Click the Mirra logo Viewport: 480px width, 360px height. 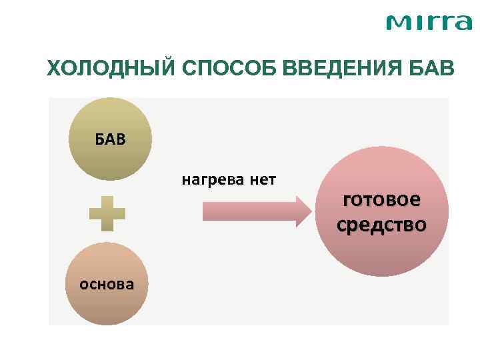[429, 23]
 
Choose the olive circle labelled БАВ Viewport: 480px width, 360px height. [110, 139]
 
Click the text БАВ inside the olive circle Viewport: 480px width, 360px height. [110, 140]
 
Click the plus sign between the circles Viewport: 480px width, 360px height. [107, 213]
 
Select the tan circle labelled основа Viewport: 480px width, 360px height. [107, 283]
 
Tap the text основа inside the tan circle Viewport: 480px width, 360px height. [107, 285]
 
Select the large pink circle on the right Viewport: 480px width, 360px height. [381, 212]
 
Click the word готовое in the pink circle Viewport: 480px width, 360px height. [381, 200]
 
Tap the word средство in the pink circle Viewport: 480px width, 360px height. [381, 225]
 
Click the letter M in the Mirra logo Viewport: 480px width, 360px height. [399, 24]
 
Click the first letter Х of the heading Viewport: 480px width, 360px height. [53, 68]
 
